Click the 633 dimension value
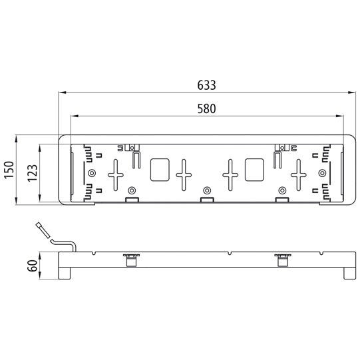206,85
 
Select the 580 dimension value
207,109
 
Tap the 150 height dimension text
9,170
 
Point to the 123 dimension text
33,173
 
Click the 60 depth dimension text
33,266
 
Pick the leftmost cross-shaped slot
116,175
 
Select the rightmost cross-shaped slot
299,175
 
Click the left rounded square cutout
160,170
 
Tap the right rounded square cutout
254,170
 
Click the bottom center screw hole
207,190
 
